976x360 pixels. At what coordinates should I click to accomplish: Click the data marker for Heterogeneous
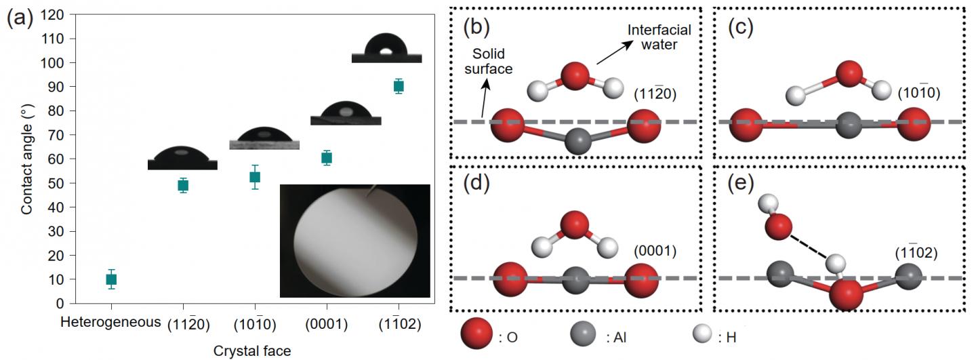pos(111,279)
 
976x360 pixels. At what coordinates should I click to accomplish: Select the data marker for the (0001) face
pos(327,158)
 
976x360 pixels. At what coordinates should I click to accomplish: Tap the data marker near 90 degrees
pos(399,86)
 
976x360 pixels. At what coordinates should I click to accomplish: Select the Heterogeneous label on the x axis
pos(111,321)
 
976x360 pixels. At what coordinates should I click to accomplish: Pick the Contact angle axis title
pos(26,159)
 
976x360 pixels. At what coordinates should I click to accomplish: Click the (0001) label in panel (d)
pos(655,251)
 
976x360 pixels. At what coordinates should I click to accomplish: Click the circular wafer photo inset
pos(354,240)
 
